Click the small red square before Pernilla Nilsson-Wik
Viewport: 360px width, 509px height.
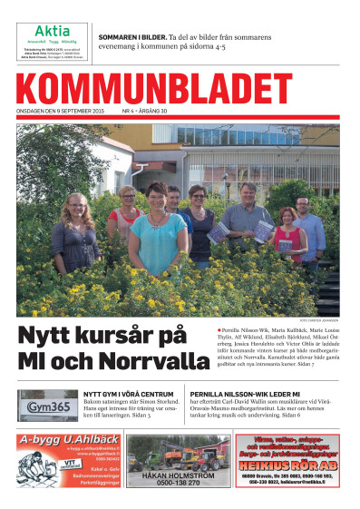[219, 328]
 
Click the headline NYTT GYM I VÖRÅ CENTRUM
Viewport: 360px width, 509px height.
[122, 395]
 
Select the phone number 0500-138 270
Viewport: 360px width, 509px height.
[180, 485]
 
